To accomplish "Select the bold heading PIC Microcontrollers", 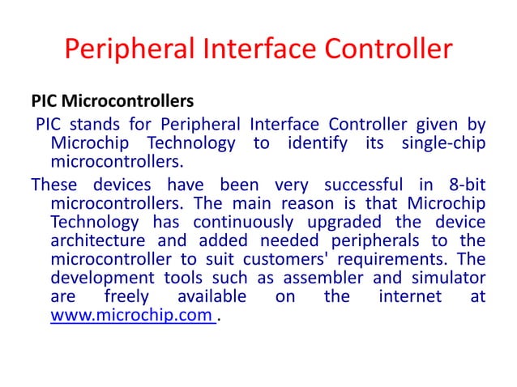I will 113,104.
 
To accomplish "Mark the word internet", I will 409,297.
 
